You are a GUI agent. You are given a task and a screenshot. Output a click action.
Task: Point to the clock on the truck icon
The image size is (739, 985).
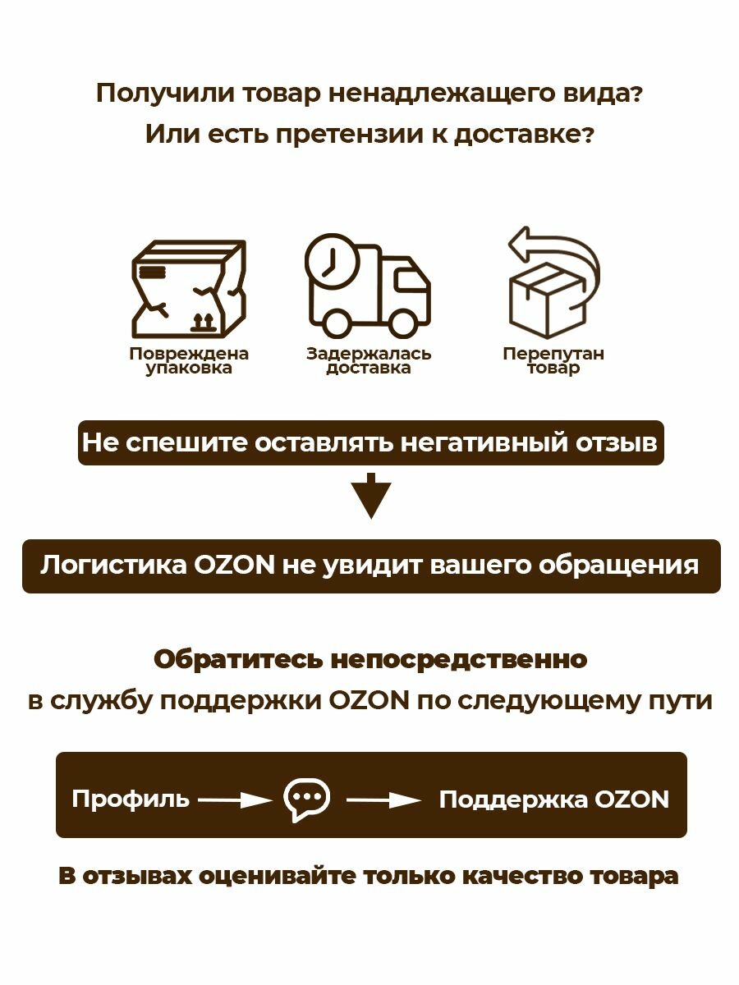[333, 262]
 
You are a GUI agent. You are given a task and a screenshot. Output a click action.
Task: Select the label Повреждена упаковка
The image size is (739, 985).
[189, 361]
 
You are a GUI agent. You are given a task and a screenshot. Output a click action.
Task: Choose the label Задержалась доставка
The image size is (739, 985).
[369, 361]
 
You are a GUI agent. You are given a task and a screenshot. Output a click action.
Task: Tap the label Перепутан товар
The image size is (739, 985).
[553, 361]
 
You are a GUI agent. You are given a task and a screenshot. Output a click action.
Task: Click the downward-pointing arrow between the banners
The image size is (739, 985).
[371, 496]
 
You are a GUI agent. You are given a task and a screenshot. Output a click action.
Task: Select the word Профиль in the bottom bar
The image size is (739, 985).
[130, 799]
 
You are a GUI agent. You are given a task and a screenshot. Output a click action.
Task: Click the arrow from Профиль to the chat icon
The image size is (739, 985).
[235, 799]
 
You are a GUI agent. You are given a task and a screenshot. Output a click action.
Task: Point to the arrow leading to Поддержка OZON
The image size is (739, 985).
[383, 799]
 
